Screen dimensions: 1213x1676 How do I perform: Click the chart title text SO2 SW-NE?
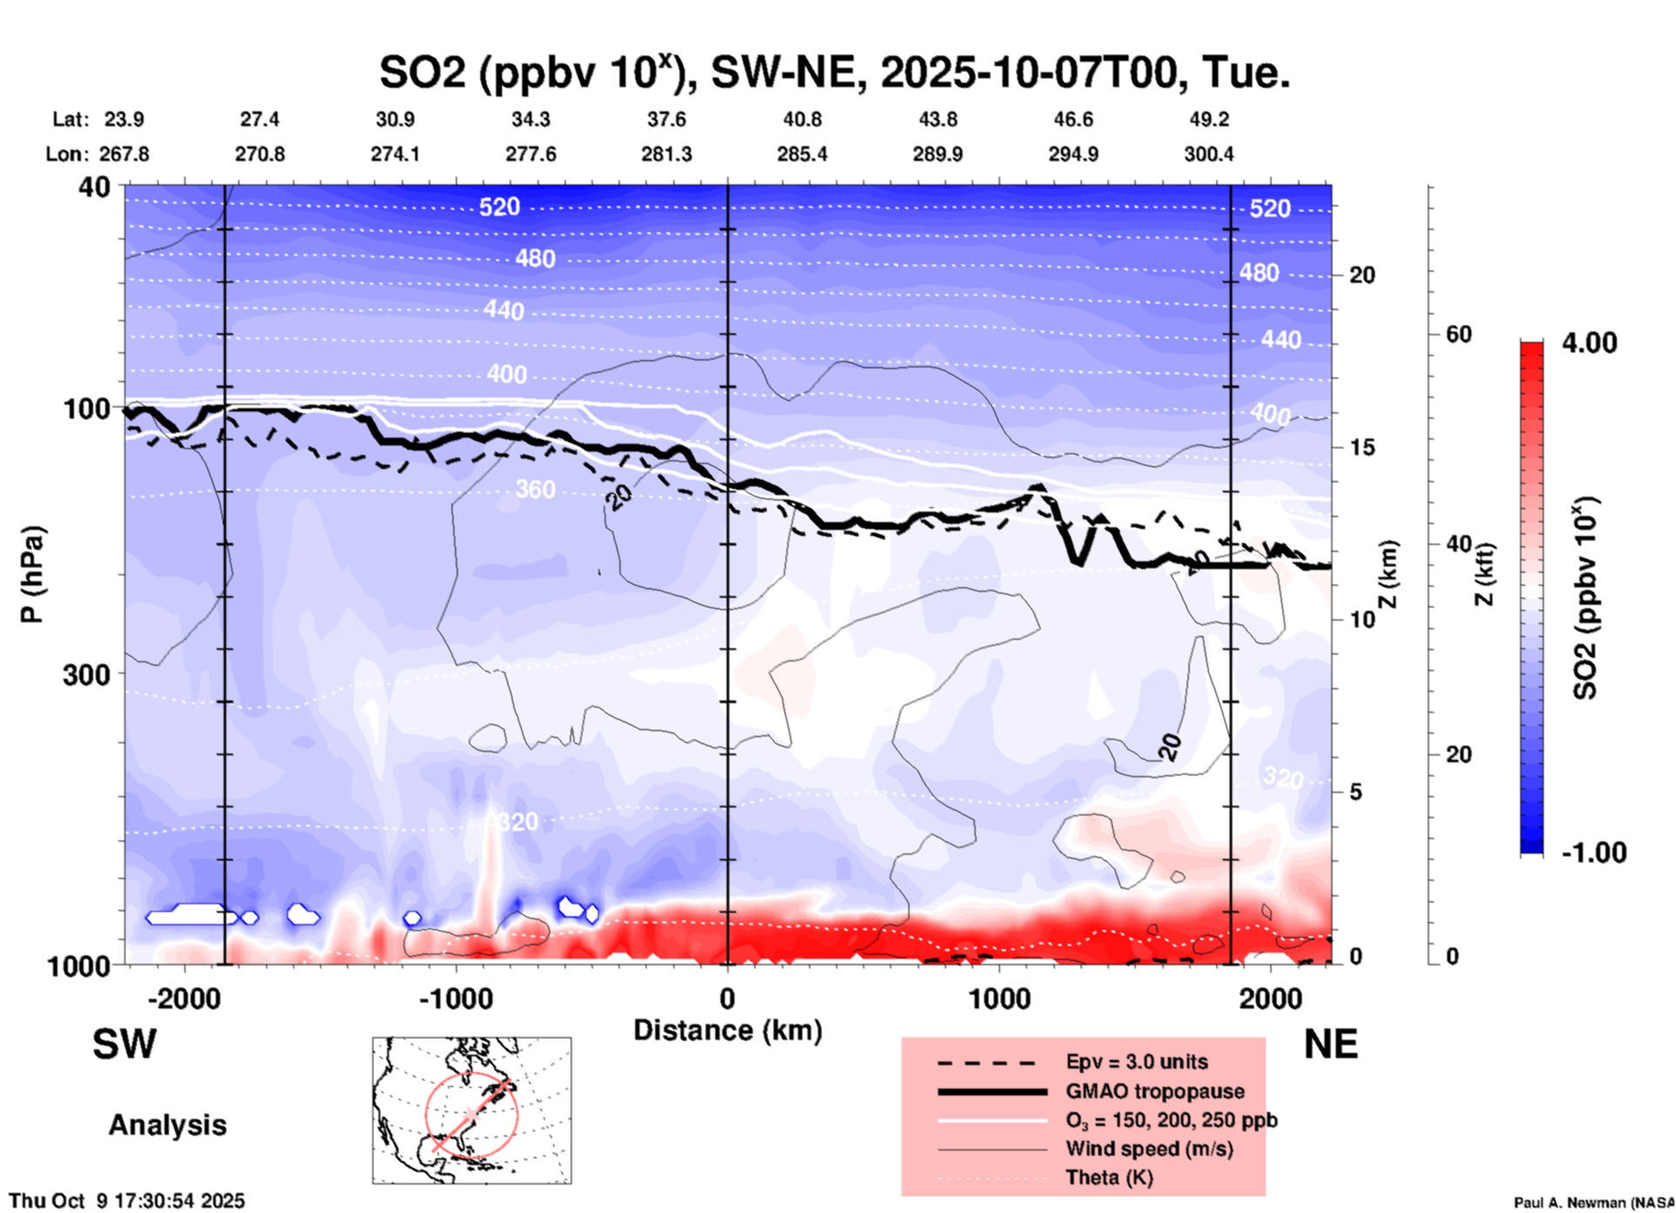[x=834, y=73]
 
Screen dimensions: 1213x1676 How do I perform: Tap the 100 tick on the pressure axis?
[x=87, y=408]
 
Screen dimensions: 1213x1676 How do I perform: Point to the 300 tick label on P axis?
[x=87, y=674]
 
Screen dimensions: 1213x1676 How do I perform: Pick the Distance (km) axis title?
[x=727, y=1030]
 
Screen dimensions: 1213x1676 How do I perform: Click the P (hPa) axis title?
[x=32, y=574]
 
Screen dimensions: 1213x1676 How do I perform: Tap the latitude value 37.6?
[x=667, y=119]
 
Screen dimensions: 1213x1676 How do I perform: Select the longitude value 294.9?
[x=1073, y=154]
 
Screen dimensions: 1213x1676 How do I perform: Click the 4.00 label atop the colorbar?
[x=1589, y=343]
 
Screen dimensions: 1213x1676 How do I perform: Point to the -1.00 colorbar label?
[x=1593, y=853]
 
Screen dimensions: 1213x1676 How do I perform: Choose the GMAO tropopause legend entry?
[x=1155, y=1091]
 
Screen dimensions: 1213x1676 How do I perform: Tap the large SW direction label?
[x=124, y=1044]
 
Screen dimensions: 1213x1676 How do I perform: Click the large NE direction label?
[x=1331, y=1044]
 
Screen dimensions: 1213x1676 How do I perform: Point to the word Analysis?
[x=167, y=1125]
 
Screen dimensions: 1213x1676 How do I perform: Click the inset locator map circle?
[x=471, y=1114]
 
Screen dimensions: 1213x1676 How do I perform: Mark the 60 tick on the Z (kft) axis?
[x=1458, y=334]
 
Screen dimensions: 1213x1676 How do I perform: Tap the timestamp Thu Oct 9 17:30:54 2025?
[x=127, y=1201]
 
